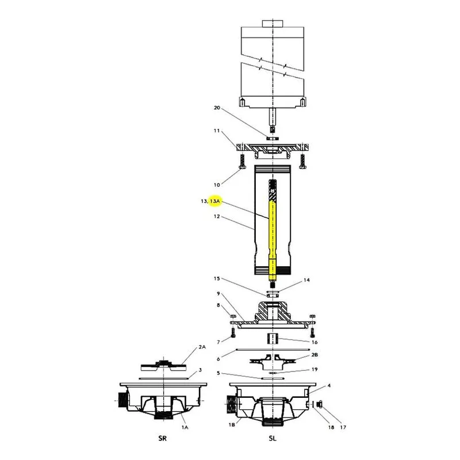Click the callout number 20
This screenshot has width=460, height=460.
(217, 108)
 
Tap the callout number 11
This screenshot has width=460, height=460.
(217, 131)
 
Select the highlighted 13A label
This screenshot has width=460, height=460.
(214, 201)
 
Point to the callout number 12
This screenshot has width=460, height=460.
(217, 217)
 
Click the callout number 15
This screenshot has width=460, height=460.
(217, 278)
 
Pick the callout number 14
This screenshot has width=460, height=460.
(306, 280)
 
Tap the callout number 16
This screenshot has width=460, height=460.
(315, 342)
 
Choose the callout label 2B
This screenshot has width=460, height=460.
(315, 355)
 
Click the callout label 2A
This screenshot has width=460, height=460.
(202, 347)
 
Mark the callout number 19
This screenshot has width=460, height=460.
(315, 369)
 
